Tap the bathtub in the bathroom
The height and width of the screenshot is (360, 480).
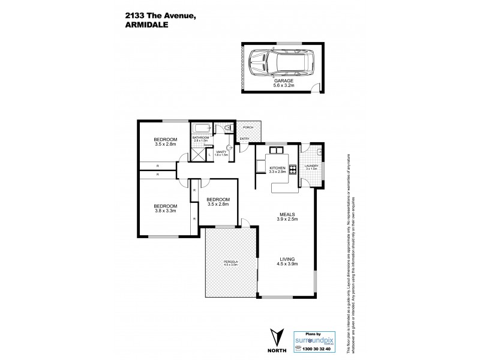[x=201, y=128]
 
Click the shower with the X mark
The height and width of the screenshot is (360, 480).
[x=197, y=154]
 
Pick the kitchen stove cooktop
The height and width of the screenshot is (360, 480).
[x=293, y=169]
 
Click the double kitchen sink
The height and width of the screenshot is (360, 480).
[x=277, y=149]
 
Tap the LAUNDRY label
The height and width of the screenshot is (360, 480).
[x=311, y=166]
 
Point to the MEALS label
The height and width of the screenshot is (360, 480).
[x=285, y=215]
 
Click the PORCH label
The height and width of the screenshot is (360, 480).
[x=248, y=127]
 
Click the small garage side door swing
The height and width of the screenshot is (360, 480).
[x=318, y=89]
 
